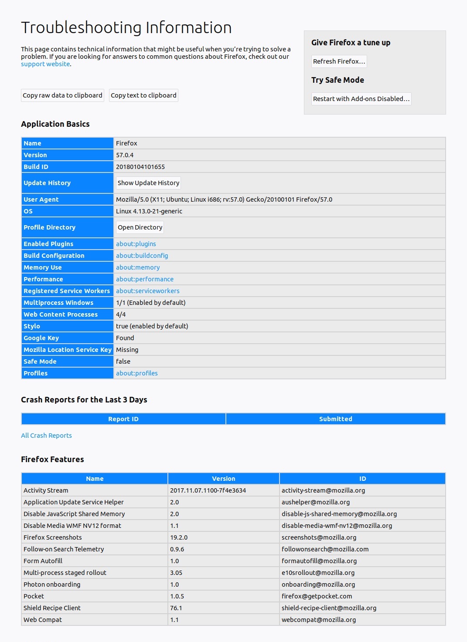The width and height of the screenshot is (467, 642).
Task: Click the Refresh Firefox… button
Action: (339, 61)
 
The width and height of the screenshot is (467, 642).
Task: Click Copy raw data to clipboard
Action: (62, 95)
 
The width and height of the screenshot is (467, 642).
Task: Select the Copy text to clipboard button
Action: (143, 95)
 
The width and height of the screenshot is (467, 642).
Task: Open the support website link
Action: (45, 64)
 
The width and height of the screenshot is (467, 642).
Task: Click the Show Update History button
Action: (148, 183)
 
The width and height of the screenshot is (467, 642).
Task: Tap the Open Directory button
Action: (140, 227)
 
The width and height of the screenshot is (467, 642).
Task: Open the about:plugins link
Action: (136, 244)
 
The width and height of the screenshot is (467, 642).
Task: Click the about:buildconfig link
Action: (142, 256)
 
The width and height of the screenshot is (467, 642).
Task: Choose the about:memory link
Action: (138, 267)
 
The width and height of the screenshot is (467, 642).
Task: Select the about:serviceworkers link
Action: (148, 291)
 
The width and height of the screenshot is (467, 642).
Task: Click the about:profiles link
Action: (137, 373)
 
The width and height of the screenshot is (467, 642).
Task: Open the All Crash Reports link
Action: (46, 436)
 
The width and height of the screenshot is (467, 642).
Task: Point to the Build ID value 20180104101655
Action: (140, 167)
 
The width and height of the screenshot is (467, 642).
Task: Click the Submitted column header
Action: (335, 419)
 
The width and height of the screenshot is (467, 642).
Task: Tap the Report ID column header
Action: (123, 419)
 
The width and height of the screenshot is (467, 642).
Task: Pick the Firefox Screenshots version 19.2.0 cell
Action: (179, 537)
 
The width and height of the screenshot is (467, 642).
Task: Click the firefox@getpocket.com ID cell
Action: (317, 596)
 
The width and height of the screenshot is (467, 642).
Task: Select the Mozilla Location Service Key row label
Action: (68, 350)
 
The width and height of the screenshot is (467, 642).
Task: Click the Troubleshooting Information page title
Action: (126, 27)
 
